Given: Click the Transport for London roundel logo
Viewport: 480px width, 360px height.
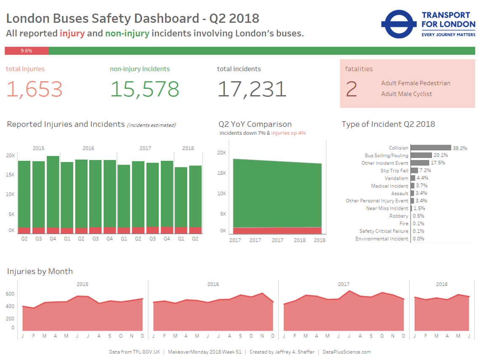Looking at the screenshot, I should pos(398,24).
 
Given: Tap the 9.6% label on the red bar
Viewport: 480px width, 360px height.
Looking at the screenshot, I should pos(27,51).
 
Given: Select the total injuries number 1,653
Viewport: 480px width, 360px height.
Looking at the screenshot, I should pos(35,89).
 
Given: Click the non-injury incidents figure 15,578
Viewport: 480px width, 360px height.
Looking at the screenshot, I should pos(144,89).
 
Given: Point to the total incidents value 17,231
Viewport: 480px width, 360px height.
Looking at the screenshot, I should pos(252,89).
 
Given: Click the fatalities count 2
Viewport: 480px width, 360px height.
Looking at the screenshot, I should pos(351,89).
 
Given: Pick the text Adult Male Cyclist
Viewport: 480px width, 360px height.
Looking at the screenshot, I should pos(406,94).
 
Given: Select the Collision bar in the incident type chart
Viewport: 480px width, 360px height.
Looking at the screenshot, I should pos(431,148).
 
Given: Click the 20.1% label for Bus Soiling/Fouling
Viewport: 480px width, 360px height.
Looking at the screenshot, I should pos(440,155).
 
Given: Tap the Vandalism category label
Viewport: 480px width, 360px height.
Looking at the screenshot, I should pos(396,178).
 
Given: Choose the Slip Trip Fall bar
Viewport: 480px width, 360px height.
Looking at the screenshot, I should pos(414,171).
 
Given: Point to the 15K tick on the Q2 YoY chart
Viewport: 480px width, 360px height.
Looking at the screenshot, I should pos(222,173).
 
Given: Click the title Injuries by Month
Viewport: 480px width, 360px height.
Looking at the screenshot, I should pos(40,271).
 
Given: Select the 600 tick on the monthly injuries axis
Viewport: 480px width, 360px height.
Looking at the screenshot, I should pos(10,294).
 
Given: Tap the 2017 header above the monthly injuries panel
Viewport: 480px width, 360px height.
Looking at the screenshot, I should pos(344,284).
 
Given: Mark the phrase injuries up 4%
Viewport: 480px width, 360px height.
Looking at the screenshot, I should pos(288,133).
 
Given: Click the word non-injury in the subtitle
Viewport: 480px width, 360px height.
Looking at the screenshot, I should pos(127,33).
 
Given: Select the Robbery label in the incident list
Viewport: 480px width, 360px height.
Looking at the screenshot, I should pos(399,216).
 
